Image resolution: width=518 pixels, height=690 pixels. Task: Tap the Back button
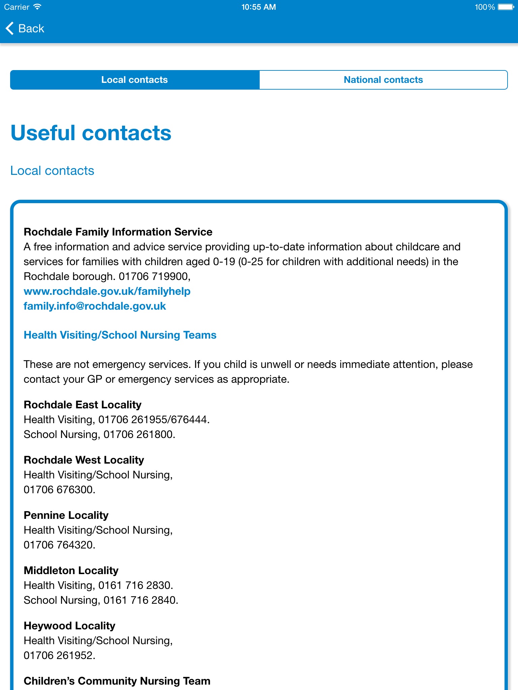(25, 29)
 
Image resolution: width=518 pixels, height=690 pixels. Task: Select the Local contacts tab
(135, 80)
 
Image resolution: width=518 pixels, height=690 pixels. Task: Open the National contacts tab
(383, 80)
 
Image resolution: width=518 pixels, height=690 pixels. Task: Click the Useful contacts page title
(91, 133)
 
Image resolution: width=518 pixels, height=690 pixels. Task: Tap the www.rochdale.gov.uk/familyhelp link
(107, 291)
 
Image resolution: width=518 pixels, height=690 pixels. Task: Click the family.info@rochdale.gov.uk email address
(95, 306)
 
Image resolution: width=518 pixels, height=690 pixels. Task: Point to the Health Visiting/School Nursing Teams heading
(120, 335)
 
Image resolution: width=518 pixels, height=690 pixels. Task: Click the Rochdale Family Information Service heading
(118, 232)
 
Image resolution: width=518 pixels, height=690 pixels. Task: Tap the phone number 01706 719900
(154, 276)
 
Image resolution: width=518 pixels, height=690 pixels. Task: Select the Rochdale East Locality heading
(83, 405)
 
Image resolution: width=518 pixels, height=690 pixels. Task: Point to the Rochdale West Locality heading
(84, 460)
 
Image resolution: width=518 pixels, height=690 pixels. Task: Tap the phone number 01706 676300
(59, 490)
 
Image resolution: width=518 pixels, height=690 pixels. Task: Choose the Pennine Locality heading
(66, 515)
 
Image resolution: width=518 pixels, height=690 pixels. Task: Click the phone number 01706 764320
(59, 545)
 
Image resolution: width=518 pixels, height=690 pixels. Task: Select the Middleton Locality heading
(71, 570)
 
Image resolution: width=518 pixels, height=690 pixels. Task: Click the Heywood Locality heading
(69, 626)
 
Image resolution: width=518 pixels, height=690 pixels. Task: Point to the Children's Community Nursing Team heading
(117, 681)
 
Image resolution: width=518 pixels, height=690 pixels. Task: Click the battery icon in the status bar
(506, 7)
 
